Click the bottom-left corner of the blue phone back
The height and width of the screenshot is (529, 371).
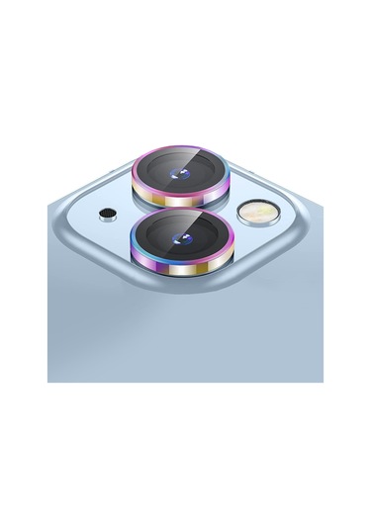point(49,380)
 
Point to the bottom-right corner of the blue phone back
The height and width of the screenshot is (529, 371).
point(323,380)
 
